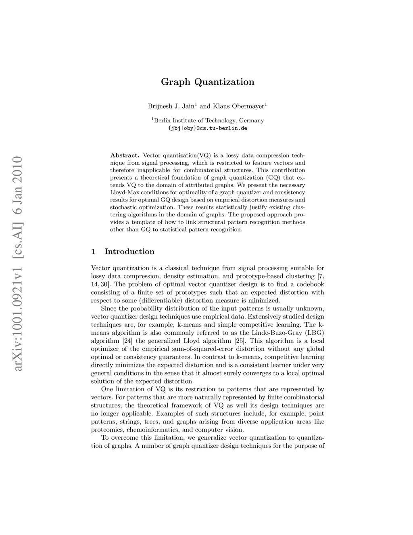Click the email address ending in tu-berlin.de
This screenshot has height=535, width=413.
tap(207, 128)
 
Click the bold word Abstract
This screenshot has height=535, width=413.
tap(125, 155)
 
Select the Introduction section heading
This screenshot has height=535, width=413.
tap(129, 252)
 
